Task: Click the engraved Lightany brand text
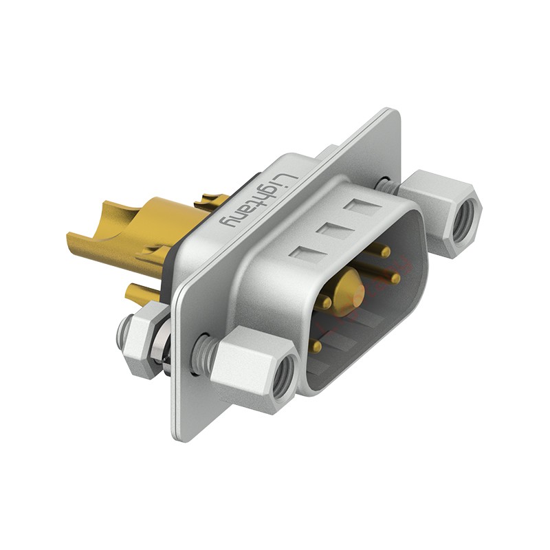[x=258, y=201]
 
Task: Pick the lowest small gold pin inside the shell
[x=316, y=345]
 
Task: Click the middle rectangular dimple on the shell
[x=331, y=230]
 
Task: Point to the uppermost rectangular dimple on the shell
[x=360, y=206]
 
